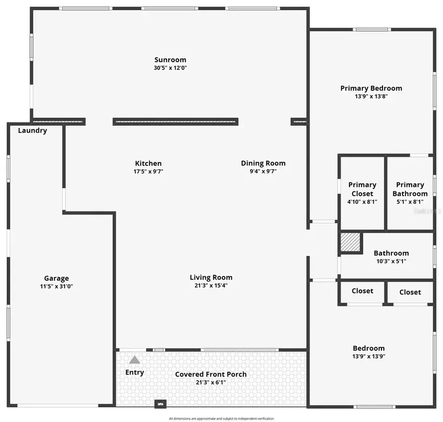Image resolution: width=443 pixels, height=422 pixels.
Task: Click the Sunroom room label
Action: pyautogui.click(x=170, y=60)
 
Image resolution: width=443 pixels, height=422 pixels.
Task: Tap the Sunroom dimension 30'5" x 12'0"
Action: pyautogui.click(x=170, y=68)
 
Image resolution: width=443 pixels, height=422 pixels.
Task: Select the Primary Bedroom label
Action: pyautogui.click(x=371, y=89)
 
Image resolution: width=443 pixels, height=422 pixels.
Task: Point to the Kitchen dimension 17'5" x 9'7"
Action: pyautogui.click(x=148, y=172)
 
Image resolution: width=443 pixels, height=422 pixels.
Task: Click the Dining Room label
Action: pyautogui.click(x=263, y=163)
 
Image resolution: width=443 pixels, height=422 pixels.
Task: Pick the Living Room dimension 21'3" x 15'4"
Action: pyautogui.click(x=211, y=285)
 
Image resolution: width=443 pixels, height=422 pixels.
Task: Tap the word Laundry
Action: pyautogui.click(x=32, y=131)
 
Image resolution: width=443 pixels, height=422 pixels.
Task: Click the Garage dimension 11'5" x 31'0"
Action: pyautogui.click(x=57, y=286)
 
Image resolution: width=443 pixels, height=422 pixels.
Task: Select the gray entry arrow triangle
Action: pyautogui.click(x=134, y=360)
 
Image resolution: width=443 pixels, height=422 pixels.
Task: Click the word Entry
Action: pyautogui.click(x=134, y=372)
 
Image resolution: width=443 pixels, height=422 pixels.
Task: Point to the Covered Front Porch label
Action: pyautogui.click(x=211, y=374)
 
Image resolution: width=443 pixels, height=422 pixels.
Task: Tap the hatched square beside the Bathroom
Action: pyautogui.click(x=351, y=242)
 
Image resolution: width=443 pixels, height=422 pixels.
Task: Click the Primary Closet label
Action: pyautogui.click(x=362, y=189)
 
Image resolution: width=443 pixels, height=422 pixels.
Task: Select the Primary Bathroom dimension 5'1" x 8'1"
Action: pyautogui.click(x=410, y=202)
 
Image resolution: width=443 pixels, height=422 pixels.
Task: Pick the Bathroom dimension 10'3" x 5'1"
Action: pyautogui.click(x=391, y=261)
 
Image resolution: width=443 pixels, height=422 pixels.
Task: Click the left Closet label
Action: pyautogui.click(x=362, y=291)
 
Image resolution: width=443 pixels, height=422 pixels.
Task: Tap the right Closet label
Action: pyautogui.click(x=410, y=292)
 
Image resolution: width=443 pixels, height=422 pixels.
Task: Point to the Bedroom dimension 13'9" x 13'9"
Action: pyautogui.click(x=369, y=356)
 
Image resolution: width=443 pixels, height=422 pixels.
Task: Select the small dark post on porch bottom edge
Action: pyautogui.click(x=160, y=404)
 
